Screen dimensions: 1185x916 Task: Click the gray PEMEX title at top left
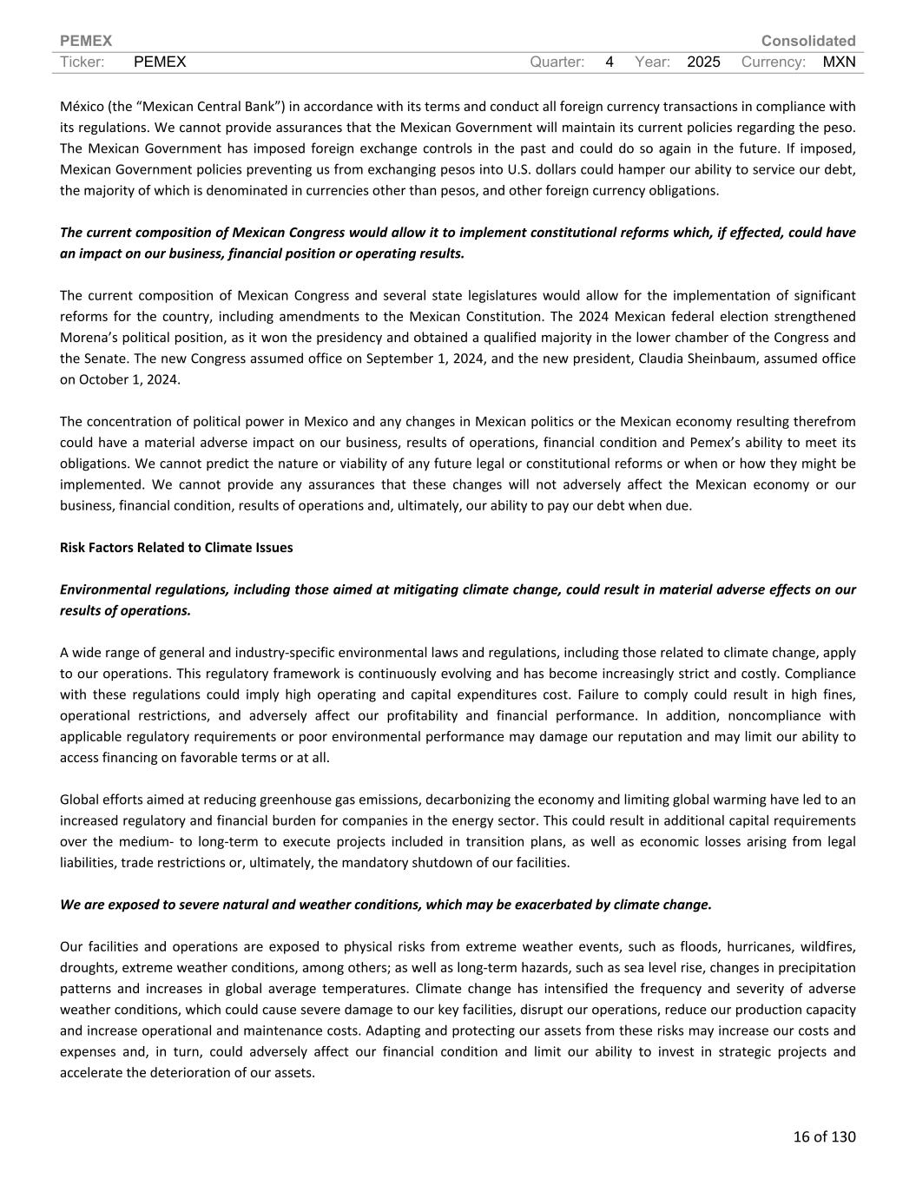[86, 41]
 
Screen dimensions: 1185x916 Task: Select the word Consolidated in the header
[807, 41]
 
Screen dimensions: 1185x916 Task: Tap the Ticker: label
[82, 62]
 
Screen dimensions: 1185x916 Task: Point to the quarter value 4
[610, 62]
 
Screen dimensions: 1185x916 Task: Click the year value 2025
[703, 62]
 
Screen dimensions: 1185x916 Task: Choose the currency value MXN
[839, 62]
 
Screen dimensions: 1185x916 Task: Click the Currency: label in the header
[774, 62]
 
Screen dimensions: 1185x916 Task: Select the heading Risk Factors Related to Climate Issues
[176, 547]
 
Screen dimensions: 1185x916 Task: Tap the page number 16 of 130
[824, 1136]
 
